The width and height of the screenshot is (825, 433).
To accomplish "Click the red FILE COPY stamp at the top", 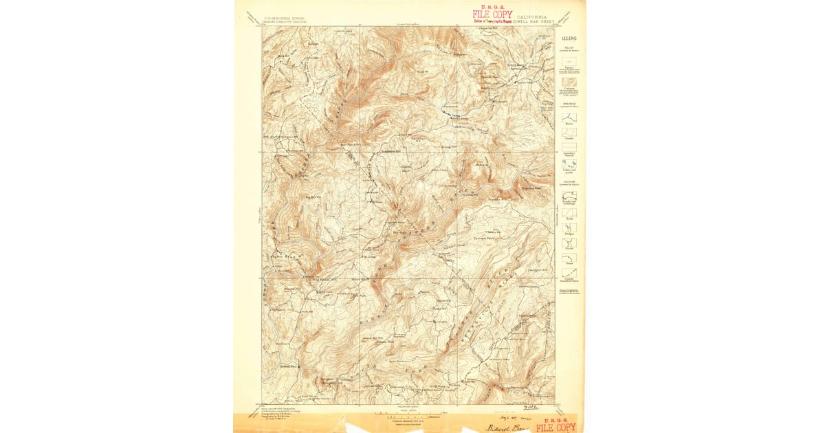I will tap(492, 14).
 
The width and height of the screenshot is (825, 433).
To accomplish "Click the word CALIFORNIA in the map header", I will tap(533, 17).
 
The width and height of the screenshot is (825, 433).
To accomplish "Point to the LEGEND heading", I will tap(569, 38).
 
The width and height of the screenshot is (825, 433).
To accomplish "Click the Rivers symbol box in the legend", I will tap(569, 118).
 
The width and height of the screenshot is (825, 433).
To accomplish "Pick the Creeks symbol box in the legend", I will tap(569, 132).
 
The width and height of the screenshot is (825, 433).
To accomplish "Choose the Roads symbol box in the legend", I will tap(569, 213).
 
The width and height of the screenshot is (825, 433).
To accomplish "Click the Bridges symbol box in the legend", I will tap(569, 227).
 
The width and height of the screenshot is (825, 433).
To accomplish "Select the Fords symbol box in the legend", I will tap(569, 243).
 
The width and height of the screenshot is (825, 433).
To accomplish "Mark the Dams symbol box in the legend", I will tap(569, 258).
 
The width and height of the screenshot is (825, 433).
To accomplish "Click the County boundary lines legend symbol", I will tap(569, 273).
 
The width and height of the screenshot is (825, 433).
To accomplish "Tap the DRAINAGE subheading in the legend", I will tap(569, 104).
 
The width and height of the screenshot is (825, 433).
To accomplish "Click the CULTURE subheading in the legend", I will tap(569, 183).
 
